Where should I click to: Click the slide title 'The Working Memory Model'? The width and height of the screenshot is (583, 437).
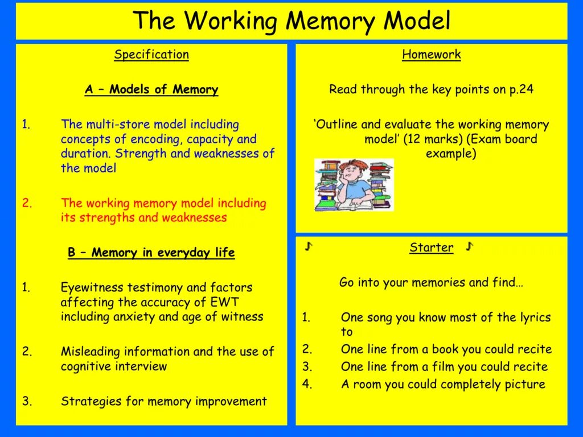tap(291, 21)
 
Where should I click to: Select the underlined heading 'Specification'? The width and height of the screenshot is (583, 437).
tap(151, 55)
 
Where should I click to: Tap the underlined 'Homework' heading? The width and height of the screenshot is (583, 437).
tap(431, 55)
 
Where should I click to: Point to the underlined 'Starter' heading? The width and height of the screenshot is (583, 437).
tap(432, 248)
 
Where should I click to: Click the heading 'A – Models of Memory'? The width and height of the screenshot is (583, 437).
tap(151, 89)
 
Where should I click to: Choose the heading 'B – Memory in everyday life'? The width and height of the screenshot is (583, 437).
tap(151, 253)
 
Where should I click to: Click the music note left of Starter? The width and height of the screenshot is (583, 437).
tap(309, 246)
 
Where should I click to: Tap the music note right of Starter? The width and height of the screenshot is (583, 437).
tap(469, 246)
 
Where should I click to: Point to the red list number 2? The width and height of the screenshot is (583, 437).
tap(26, 203)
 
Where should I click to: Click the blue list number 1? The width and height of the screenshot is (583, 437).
tap(26, 124)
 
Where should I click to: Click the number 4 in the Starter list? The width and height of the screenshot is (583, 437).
tap(307, 384)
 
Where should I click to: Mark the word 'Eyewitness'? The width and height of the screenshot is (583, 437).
tap(92, 287)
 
